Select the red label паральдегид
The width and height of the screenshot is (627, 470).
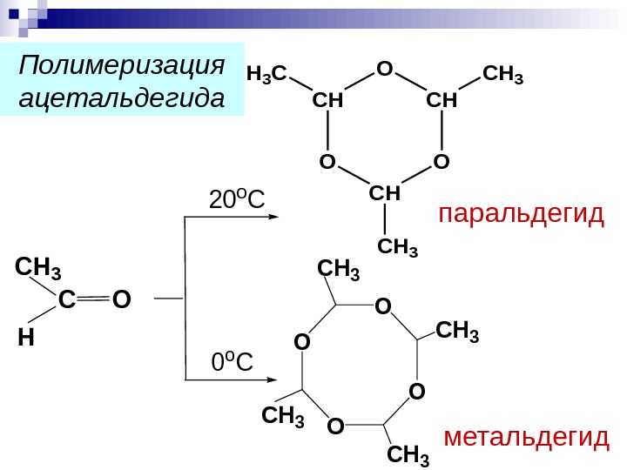pos(521,214)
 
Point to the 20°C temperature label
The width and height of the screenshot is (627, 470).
pos(236,201)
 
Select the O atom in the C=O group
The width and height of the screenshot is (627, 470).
pos(121,300)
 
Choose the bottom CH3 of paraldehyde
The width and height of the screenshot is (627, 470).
pos(398,249)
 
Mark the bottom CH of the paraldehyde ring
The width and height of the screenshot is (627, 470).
pos(384,191)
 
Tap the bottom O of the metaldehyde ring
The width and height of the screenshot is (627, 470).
pos(335,426)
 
